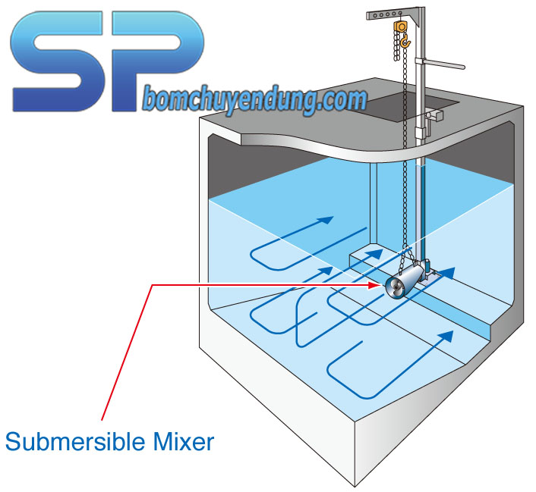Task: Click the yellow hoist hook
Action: point(405,42)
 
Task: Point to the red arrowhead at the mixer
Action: point(377,285)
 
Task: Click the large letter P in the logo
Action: point(162,53)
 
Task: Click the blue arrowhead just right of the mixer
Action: point(449,270)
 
